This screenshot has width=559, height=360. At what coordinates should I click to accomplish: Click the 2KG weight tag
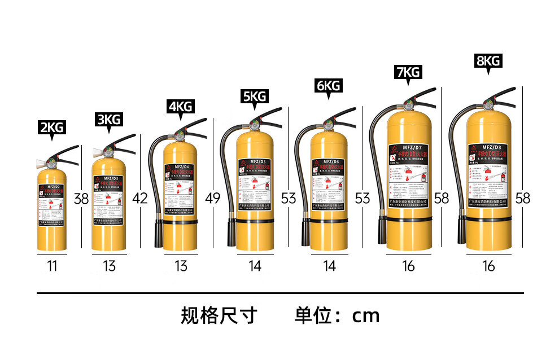point(52,128)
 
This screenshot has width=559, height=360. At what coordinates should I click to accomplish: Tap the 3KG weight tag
point(109,120)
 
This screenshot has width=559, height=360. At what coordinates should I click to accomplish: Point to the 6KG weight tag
point(328,86)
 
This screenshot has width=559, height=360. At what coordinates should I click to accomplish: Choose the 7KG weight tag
point(408,72)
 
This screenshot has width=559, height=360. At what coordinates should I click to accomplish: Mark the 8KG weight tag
point(488,61)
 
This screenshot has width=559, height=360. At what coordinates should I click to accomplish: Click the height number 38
point(81,199)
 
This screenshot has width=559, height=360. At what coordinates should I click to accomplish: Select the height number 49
point(213,199)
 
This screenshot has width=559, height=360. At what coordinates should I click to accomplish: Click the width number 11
point(52,266)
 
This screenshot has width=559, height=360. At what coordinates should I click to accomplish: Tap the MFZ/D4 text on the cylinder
point(181,167)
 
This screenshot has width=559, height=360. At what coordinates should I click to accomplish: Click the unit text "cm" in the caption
point(366,315)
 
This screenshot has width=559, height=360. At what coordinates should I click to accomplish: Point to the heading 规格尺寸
point(219,315)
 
